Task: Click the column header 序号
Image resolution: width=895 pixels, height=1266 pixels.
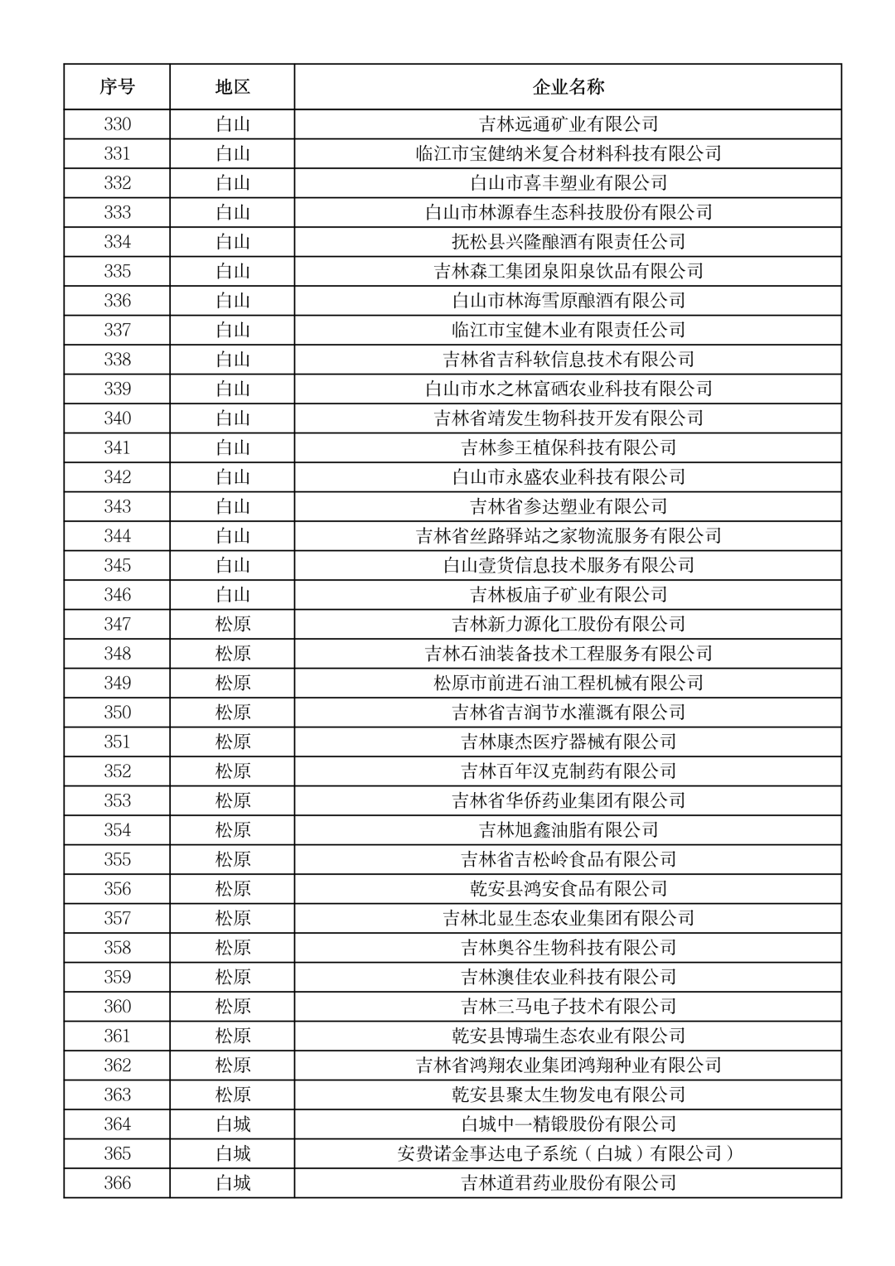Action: click(x=117, y=87)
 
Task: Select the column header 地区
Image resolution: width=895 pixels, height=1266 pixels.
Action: click(x=233, y=87)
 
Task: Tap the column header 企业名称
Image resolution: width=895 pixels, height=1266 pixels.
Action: click(x=568, y=87)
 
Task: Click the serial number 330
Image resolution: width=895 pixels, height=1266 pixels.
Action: click(x=117, y=124)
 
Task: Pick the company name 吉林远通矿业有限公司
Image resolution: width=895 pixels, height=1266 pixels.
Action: click(x=568, y=124)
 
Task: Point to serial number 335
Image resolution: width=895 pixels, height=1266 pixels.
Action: click(x=117, y=271)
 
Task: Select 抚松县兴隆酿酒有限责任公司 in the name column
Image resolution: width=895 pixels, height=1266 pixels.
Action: click(x=568, y=242)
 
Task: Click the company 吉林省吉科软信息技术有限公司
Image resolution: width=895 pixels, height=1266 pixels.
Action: click(x=568, y=360)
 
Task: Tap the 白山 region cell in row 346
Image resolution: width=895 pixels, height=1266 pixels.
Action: click(x=233, y=595)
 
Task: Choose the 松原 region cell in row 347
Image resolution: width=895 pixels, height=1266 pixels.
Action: click(x=233, y=624)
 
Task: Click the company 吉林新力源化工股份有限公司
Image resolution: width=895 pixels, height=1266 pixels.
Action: click(x=568, y=624)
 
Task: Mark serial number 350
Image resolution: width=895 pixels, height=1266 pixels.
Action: click(x=117, y=713)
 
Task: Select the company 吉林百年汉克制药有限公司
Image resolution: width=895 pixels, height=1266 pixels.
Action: click(x=568, y=771)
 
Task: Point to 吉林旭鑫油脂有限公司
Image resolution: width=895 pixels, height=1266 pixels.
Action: click(x=568, y=830)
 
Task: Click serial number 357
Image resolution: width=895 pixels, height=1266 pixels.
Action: click(x=117, y=918)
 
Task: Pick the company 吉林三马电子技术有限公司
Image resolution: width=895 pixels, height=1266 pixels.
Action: click(x=568, y=1007)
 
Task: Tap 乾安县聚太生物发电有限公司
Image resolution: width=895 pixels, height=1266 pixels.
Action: click(x=568, y=1094)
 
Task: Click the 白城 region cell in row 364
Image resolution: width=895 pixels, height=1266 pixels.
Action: click(x=233, y=1124)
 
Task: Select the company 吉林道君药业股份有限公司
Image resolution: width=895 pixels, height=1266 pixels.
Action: click(x=568, y=1183)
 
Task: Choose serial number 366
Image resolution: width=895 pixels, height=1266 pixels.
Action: click(x=117, y=1183)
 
